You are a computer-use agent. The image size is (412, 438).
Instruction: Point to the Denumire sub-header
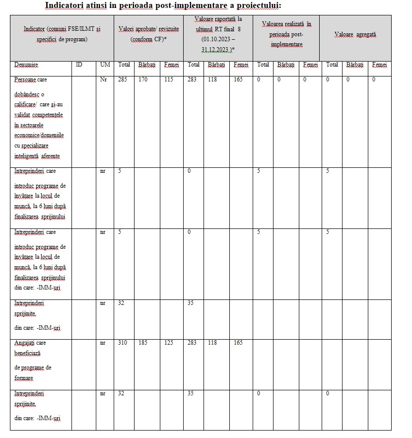[x=26, y=65]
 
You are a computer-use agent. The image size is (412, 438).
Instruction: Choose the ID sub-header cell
[x=78, y=65]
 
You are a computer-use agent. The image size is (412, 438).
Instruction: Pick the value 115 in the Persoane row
[x=168, y=79]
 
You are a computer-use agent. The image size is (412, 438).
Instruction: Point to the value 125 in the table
[x=168, y=343]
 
